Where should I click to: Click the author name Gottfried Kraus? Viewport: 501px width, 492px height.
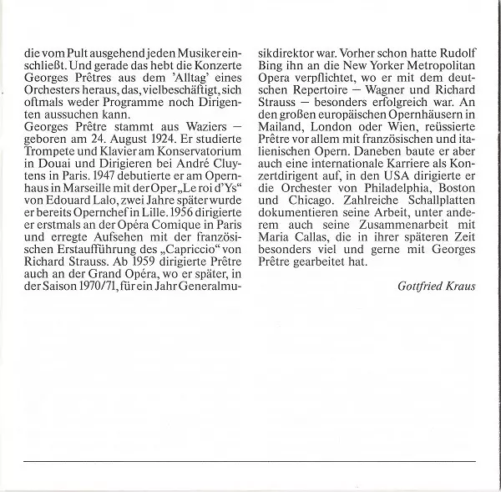point(438,286)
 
